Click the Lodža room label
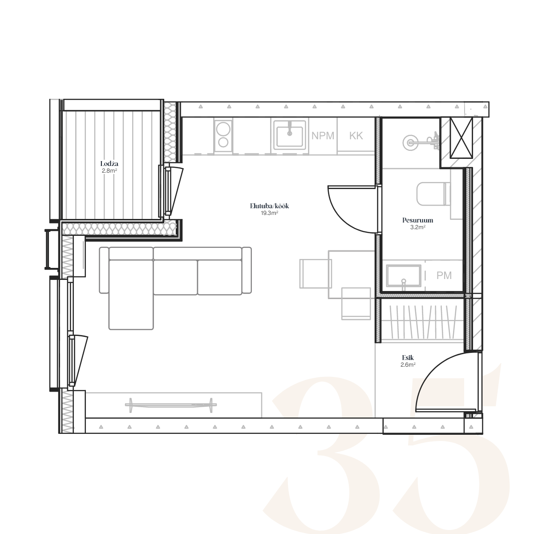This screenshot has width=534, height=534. point(109,164)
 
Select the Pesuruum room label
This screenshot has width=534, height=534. point(417,220)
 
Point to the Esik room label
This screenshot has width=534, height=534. point(408,358)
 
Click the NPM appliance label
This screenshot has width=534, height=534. point(323,136)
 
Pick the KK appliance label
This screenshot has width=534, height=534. point(356,136)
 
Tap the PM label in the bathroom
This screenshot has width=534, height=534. point(444,275)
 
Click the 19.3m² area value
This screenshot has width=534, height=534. point(269,213)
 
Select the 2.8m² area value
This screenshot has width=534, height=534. point(109,171)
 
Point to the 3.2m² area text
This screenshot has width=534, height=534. point(417,227)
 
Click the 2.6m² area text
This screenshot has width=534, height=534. point(408,365)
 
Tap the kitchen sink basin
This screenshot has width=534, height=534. point(290,135)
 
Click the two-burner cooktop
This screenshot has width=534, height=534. point(223,136)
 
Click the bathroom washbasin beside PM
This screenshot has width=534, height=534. point(404,276)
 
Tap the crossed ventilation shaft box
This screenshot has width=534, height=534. point(461,138)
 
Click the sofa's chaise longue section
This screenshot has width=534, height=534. point(131,294)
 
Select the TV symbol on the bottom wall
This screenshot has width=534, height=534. point(171,405)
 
